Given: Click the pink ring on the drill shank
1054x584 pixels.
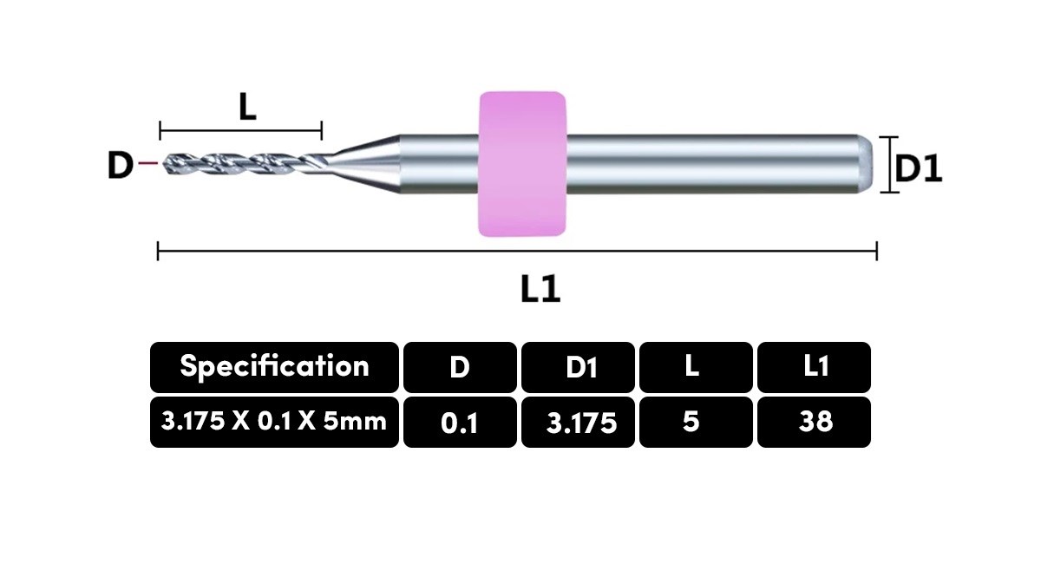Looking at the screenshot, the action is tap(522, 164).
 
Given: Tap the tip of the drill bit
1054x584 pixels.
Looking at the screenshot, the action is tap(163, 164).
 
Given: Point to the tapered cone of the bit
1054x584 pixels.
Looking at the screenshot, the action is tap(363, 164).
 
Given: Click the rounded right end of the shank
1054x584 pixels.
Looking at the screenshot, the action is tap(865, 164).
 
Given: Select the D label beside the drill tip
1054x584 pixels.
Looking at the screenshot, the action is tap(121, 165).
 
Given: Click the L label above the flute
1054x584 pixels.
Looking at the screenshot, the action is tap(247, 107).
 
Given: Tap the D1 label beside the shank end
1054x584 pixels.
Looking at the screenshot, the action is tap(918, 168).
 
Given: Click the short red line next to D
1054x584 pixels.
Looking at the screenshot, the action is tap(148, 163).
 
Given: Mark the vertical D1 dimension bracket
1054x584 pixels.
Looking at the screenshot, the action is tap(888, 164).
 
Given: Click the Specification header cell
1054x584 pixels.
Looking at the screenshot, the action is tap(274, 367).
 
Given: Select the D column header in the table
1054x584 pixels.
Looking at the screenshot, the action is tap(460, 367).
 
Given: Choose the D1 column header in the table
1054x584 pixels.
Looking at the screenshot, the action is tap(578, 367).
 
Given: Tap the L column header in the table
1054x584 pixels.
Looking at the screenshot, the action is tap(696, 367).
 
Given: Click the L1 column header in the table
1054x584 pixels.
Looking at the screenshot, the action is tap(814, 367).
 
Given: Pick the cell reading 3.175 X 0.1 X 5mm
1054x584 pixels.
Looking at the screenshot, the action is tap(274, 422).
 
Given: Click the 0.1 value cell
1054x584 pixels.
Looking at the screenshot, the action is tap(460, 422).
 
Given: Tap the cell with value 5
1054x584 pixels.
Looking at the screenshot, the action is tap(696, 422).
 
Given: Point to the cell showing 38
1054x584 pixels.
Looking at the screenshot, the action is tap(814, 422).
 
